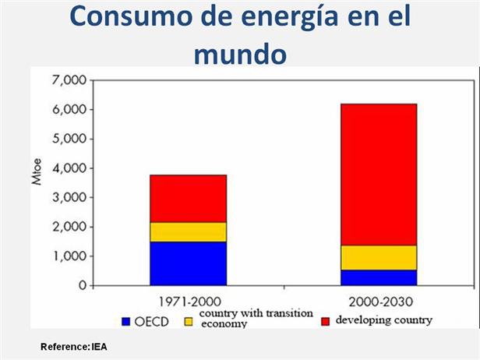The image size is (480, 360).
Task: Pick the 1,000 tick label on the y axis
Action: tap(69, 256)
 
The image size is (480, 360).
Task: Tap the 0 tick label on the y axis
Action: tap(81, 286)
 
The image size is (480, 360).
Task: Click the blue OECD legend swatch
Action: tap(125, 321)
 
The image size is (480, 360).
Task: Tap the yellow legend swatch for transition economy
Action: tap(188, 321)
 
